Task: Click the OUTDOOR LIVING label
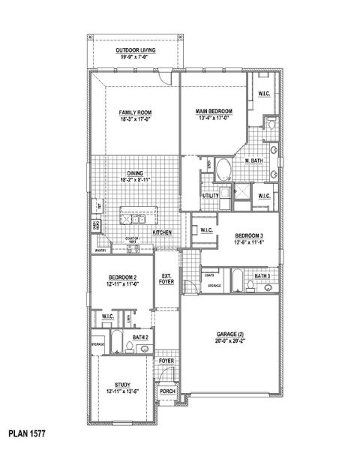click(136, 50)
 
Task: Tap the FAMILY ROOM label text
click(136, 112)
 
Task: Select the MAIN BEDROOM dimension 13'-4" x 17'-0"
click(214, 118)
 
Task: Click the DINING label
click(135, 173)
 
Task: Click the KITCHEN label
click(163, 233)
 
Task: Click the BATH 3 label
click(262, 276)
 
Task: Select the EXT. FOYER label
click(166, 279)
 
